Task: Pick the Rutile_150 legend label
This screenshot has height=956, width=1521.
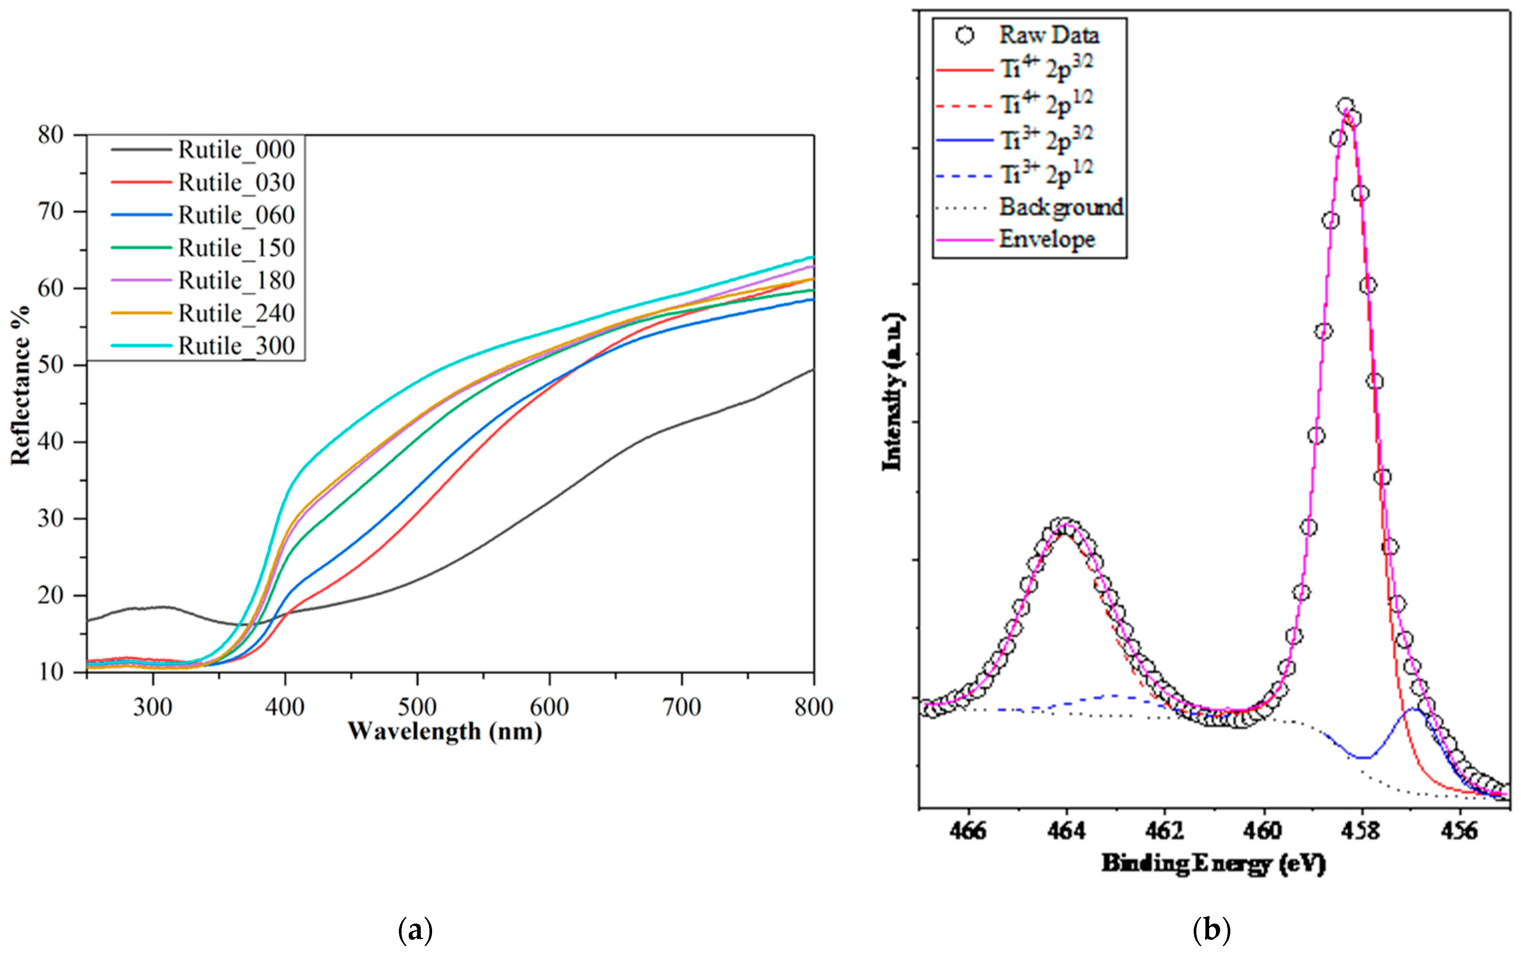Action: (x=236, y=248)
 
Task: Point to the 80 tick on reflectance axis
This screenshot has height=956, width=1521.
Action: (x=51, y=135)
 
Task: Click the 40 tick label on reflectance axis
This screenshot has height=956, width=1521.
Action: (x=51, y=441)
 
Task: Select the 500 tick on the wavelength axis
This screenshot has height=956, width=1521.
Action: (x=417, y=707)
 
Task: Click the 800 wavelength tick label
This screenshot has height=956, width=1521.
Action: (x=813, y=707)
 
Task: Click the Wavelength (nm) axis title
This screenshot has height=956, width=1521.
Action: (x=445, y=731)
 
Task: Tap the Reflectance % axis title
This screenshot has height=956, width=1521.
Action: (x=20, y=385)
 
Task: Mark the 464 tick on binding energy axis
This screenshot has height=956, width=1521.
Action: (x=1066, y=831)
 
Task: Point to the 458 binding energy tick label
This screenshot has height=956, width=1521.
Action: (x=1361, y=831)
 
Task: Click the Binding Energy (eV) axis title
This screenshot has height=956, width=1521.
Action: (x=1213, y=864)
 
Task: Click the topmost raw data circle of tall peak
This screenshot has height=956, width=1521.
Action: (x=1345, y=106)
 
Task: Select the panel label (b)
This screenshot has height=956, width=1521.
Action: (x=1211, y=930)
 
